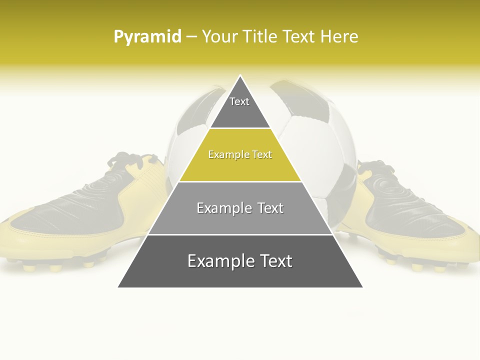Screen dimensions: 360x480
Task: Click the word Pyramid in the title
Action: [x=147, y=37]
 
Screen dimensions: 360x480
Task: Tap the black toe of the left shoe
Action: [x=45, y=215]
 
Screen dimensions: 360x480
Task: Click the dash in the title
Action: [x=191, y=37]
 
